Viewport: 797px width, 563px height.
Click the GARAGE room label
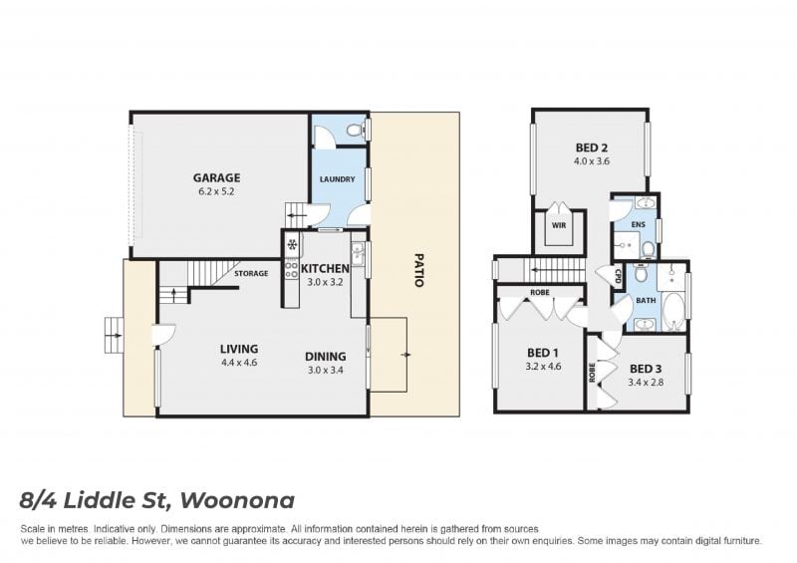pyautogui.click(x=216, y=177)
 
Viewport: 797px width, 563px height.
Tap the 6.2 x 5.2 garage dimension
pyautogui.click(x=216, y=191)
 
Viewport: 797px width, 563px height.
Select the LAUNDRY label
pyautogui.click(x=337, y=179)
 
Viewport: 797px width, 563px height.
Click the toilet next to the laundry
pyautogui.click(x=356, y=130)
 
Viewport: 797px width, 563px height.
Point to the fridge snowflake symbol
pyautogui.click(x=292, y=245)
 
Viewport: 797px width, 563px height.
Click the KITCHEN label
pyautogui.click(x=326, y=268)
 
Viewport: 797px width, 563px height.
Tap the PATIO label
pyautogui.click(x=418, y=270)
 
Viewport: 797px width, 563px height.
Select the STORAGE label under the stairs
pyautogui.click(x=251, y=274)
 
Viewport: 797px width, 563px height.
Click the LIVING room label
pyautogui.click(x=239, y=349)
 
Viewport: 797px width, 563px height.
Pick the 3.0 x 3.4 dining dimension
pyautogui.click(x=326, y=371)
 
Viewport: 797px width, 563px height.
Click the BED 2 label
pyautogui.click(x=592, y=148)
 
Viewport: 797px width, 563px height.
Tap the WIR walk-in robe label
pyautogui.click(x=559, y=225)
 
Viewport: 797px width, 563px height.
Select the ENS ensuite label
pyautogui.click(x=638, y=224)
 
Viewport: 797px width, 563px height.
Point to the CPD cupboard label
pyautogui.click(x=618, y=276)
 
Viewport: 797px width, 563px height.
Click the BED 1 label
pyautogui.click(x=543, y=353)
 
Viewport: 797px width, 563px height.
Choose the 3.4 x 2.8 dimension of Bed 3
pyautogui.click(x=646, y=382)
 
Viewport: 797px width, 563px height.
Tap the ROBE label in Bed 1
pyautogui.click(x=539, y=292)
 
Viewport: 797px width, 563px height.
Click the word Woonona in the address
pyautogui.click(x=237, y=500)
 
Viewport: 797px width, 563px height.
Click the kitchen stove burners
pyautogui.click(x=291, y=270)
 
